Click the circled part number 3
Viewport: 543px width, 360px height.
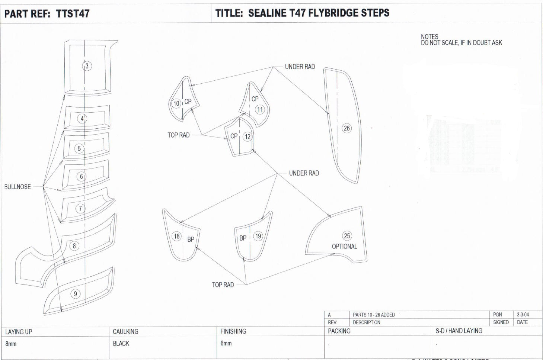click(87, 66)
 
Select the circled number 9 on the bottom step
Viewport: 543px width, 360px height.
click(76, 294)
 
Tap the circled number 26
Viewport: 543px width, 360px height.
click(346, 128)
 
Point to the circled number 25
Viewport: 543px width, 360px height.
click(347, 236)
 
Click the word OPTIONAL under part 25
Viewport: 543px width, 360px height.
click(344, 247)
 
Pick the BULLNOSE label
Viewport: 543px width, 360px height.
click(17, 187)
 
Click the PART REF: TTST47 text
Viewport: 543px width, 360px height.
click(47, 14)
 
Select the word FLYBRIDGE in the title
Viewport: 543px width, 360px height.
click(332, 13)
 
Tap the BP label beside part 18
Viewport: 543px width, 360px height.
click(191, 240)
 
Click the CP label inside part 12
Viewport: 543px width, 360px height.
click(234, 136)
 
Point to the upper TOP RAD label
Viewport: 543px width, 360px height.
click(178, 135)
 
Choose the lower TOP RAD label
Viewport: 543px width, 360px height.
click(223, 285)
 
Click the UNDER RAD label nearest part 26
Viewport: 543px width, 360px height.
click(300, 67)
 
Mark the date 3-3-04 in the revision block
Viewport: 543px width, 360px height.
click(523, 315)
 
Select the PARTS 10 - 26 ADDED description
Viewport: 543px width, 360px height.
click(374, 315)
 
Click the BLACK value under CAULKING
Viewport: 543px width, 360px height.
click(121, 343)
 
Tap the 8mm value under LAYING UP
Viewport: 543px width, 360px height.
click(11, 344)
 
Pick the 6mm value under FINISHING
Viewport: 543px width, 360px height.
click(226, 343)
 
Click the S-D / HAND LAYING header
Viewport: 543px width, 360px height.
click(459, 331)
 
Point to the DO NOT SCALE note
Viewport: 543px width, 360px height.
click(461, 43)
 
